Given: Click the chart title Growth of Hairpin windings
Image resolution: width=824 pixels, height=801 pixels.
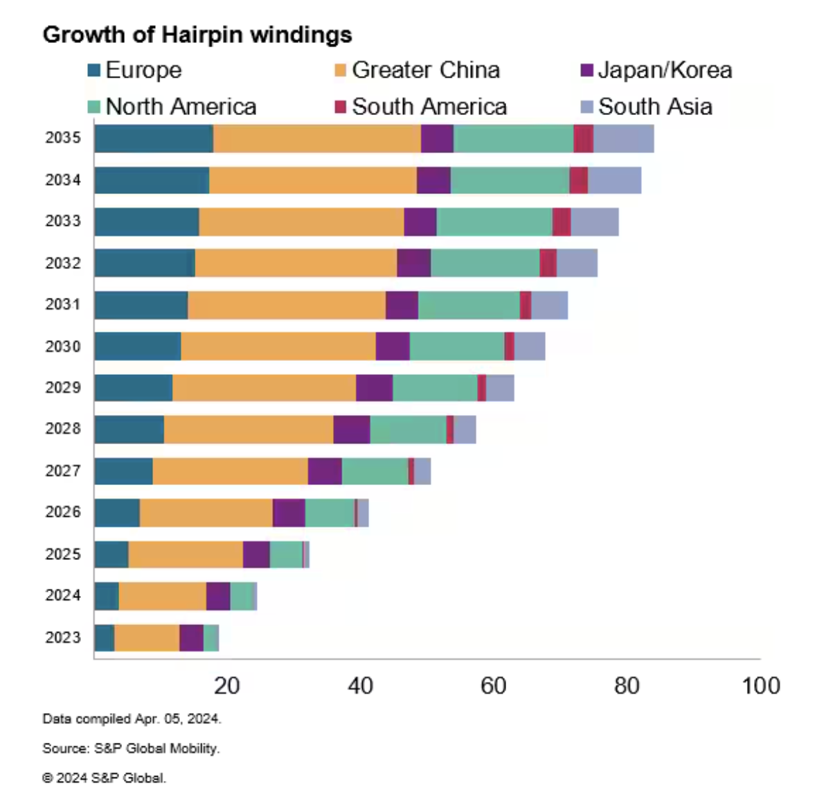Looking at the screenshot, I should pyautogui.click(x=197, y=35).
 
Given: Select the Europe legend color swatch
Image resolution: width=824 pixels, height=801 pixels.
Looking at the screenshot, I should pyautogui.click(x=94, y=71).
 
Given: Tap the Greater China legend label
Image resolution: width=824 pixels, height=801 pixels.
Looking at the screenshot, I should pyautogui.click(x=425, y=70).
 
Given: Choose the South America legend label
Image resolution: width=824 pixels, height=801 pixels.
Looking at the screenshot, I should pyautogui.click(x=429, y=107).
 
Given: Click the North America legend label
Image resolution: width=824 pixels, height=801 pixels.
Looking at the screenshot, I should pyautogui.click(x=181, y=107).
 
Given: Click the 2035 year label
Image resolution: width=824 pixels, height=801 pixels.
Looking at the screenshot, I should pyautogui.click(x=63, y=138).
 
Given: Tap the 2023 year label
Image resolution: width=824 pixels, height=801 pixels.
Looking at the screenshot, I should pyautogui.click(x=63, y=637).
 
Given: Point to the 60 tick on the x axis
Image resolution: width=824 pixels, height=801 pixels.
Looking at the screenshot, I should pyautogui.click(x=493, y=686).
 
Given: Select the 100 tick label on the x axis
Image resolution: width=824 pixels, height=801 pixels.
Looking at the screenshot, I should pyautogui.click(x=760, y=686).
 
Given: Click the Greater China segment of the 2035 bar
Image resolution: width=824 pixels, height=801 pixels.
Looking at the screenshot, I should pyautogui.click(x=316, y=139).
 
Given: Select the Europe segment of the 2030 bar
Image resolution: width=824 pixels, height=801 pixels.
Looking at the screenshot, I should pyautogui.click(x=138, y=346).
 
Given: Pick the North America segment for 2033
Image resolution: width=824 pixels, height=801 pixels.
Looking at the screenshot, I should pyautogui.click(x=494, y=222).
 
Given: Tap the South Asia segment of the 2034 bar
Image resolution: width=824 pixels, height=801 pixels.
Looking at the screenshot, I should pyautogui.click(x=614, y=180).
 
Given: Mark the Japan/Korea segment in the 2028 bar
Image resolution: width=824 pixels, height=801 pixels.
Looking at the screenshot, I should pyautogui.click(x=351, y=430).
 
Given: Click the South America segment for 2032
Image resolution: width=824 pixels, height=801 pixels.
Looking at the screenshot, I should pyautogui.click(x=548, y=263).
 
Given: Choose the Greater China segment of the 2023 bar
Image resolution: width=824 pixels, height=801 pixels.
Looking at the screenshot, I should pyautogui.click(x=146, y=637).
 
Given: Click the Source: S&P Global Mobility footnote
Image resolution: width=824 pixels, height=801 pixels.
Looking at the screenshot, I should pyautogui.click(x=131, y=748).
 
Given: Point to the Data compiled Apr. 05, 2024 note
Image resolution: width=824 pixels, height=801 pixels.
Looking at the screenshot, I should pyautogui.click(x=132, y=719).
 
